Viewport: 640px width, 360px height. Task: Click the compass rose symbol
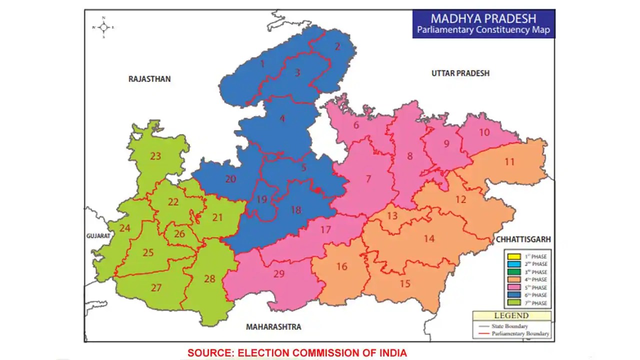(103, 27)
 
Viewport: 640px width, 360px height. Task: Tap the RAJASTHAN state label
(149, 79)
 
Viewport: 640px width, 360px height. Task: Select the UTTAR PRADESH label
(460, 73)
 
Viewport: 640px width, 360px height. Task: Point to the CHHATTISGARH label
(522, 240)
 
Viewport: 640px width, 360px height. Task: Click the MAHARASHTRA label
(273, 326)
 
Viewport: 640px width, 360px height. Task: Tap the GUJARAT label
(97, 235)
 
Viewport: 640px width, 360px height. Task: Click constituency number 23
(155, 156)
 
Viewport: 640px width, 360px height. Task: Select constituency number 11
(509, 162)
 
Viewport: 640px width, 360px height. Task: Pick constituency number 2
(337, 46)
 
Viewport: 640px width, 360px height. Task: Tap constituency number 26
(179, 233)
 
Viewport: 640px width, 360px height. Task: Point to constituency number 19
(262, 199)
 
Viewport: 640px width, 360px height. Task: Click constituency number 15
(405, 283)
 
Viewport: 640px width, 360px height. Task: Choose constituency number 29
(279, 273)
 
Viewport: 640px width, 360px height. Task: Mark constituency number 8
(410, 156)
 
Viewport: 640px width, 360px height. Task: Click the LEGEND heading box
(511, 316)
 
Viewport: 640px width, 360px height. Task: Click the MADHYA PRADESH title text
(483, 18)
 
